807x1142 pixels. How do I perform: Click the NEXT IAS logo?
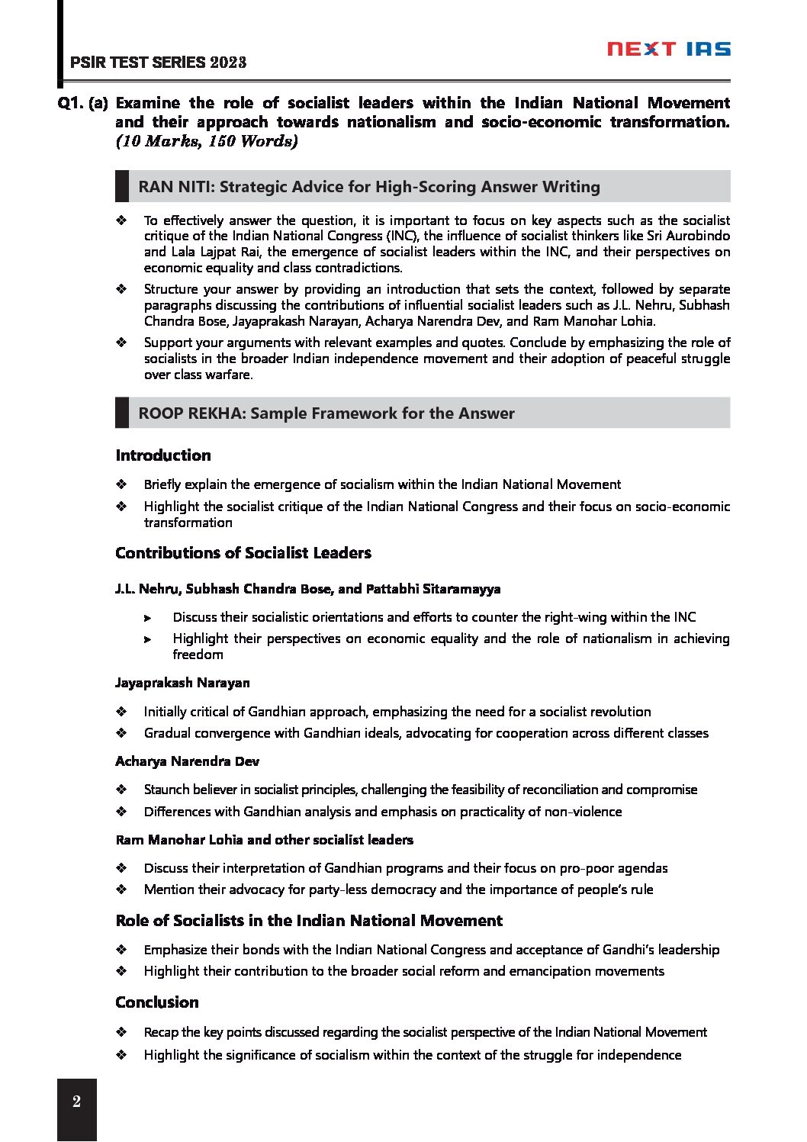[x=668, y=50]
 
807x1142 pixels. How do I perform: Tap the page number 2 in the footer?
[x=76, y=1102]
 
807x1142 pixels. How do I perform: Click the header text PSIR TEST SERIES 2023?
[x=158, y=63]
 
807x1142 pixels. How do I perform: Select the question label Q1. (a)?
[x=83, y=103]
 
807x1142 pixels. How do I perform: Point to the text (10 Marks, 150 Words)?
[x=206, y=141]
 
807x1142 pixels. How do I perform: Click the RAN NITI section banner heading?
[x=369, y=187]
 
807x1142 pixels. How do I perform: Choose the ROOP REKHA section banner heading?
[x=326, y=413]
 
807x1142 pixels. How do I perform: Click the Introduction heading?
[x=163, y=455]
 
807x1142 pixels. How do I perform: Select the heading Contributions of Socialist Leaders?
[x=243, y=553]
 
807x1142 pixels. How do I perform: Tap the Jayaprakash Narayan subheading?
[x=182, y=683]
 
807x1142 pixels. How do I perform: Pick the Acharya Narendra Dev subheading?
[x=187, y=761]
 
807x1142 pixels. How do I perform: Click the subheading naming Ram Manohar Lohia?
[x=264, y=840]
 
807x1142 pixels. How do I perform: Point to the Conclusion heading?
[x=157, y=1002]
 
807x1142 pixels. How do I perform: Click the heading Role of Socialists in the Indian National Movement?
[x=309, y=921]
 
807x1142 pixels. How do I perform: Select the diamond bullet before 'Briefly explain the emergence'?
[x=121, y=484]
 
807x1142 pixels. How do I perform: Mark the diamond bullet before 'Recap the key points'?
[x=121, y=1032]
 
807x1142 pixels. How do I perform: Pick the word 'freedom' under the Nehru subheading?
[x=198, y=655]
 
